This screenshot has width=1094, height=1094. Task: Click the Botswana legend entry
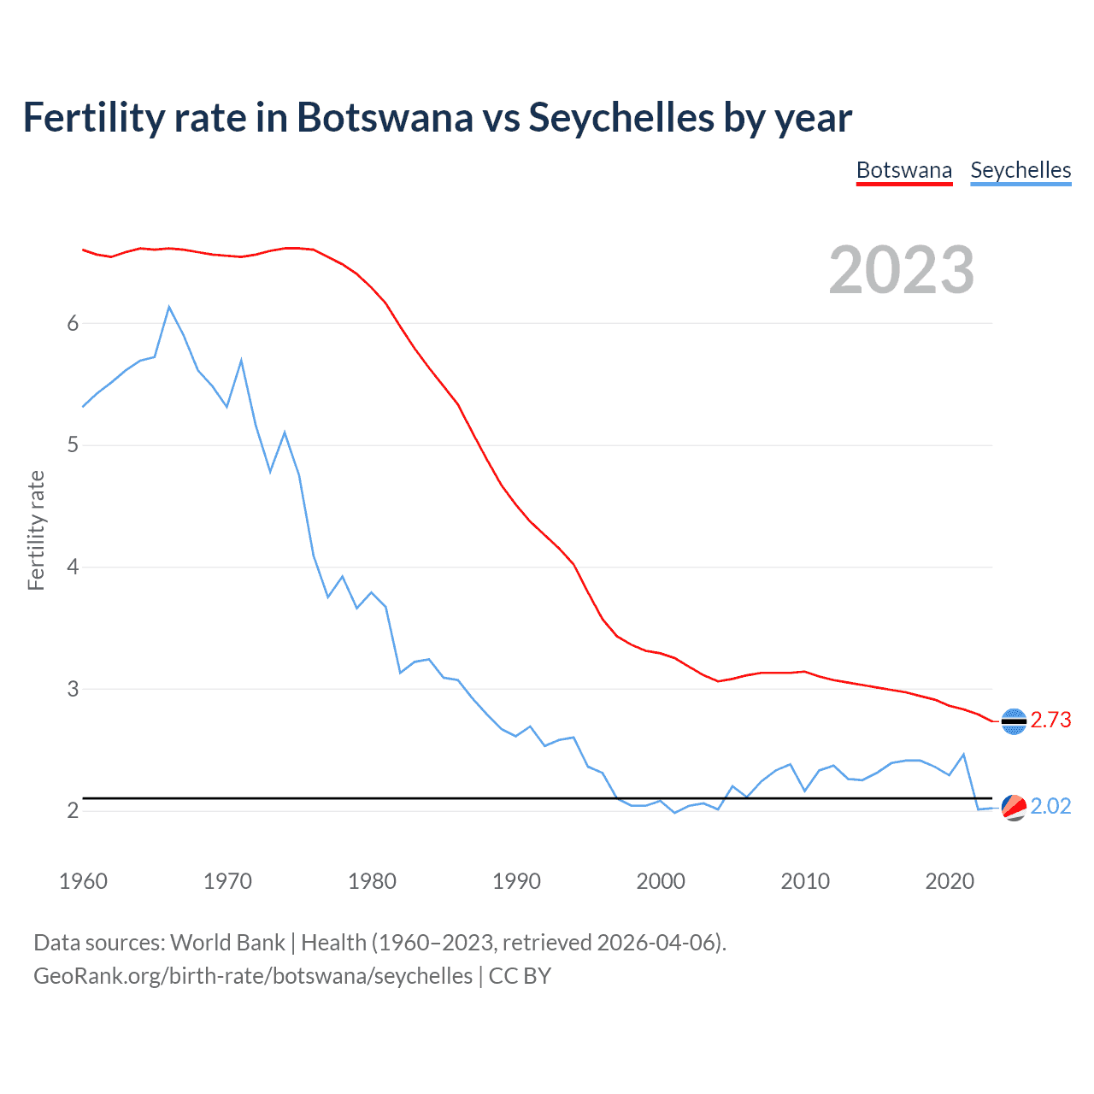pyautogui.click(x=903, y=170)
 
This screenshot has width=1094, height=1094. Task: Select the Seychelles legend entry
pyautogui.click(x=1020, y=170)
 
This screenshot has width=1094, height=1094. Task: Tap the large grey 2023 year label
pyautogui.click(x=902, y=270)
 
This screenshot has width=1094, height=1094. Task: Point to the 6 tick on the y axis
pyautogui.click(x=73, y=323)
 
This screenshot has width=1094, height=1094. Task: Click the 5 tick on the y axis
pyautogui.click(x=73, y=445)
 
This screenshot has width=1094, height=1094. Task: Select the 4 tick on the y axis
pyautogui.click(x=73, y=567)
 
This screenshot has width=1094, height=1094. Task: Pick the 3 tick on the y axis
pyautogui.click(x=73, y=689)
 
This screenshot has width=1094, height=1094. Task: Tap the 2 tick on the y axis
pyautogui.click(x=73, y=810)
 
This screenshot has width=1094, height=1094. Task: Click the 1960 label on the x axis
pyautogui.click(x=83, y=881)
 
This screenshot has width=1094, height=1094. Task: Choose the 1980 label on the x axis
pyautogui.click(x=372, y=881)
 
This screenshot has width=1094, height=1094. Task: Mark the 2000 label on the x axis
pyautogui.click(x=661, y=881)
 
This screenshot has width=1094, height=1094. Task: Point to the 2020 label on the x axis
pyautogui.click(x=950, y=881)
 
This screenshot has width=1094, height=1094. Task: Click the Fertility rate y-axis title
pyautogui.click(x=36, y=530)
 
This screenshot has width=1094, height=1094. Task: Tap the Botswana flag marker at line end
pyautogui.click(x=1014, y=721)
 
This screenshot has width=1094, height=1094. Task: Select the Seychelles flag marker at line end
pyautogui.click(x=1014, y=807)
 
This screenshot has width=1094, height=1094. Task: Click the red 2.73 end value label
pyautogui.click(x=1050, y=721)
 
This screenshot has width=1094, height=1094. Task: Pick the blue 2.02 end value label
pyautogui.click(x=1050, y=807)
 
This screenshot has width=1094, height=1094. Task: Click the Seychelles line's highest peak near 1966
pyautogui.click(x=169, y=307)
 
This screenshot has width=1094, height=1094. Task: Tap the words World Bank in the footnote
pyautogui.click(x=227, y=943)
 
